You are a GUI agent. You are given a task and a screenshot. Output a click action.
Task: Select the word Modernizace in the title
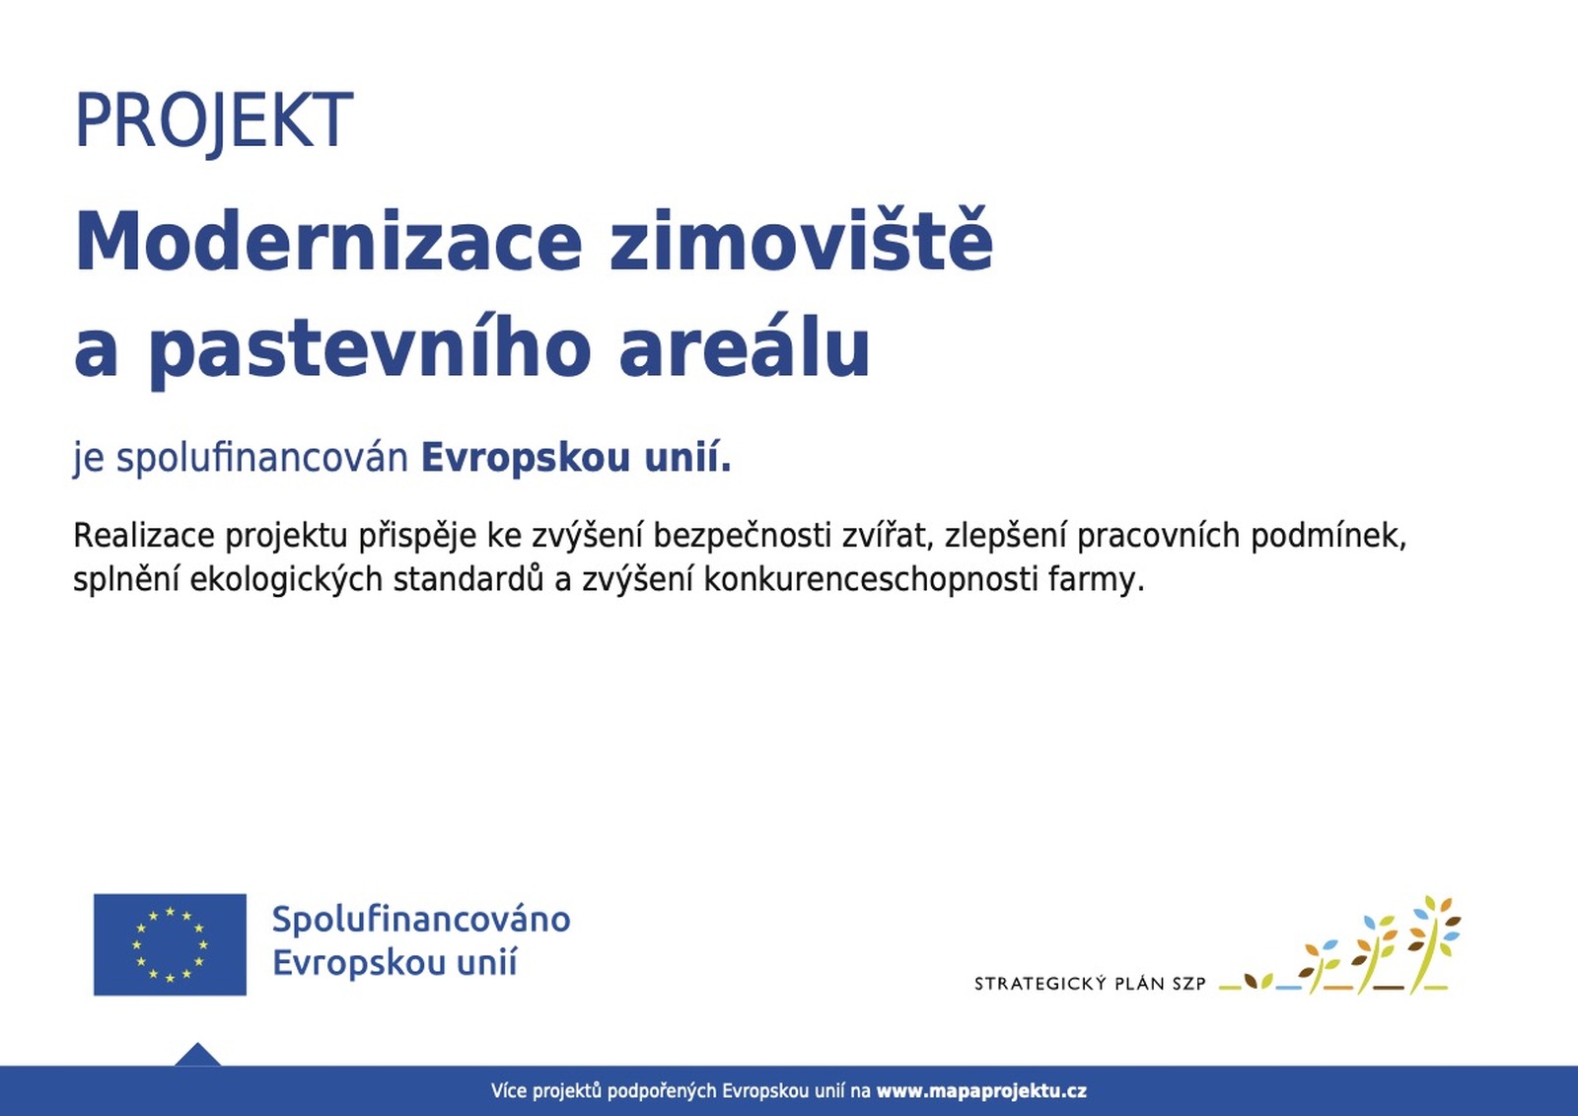click(x=327, y=242)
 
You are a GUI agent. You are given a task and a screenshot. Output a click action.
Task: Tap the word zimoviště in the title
click(x=802, y=240)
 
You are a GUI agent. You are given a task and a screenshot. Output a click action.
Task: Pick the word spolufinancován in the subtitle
click(x=262, y=458)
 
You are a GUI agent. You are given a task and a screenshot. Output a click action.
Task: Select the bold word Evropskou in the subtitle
click(x=525, y=458)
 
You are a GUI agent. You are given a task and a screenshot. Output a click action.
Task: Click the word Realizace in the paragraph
click(x=144, y=536)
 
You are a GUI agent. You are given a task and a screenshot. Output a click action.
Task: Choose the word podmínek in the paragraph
click(x=1328, y=536)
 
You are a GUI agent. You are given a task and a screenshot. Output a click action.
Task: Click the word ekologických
click(x=286, y=580)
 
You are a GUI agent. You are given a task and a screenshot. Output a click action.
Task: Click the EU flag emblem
click(x=170, y=944)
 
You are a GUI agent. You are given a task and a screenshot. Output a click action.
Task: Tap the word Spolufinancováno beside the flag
click(x=421, y=920)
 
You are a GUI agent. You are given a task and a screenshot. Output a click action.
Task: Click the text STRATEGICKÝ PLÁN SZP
click(x=1091, y=984)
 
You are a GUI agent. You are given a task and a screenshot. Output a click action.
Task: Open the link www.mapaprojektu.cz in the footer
click(x=981, y=1091)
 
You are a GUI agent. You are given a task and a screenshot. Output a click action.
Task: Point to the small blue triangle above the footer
click(x=197, y=1056)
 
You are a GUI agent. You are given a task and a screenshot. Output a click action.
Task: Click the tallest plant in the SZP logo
click(x=1431, y=944)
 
